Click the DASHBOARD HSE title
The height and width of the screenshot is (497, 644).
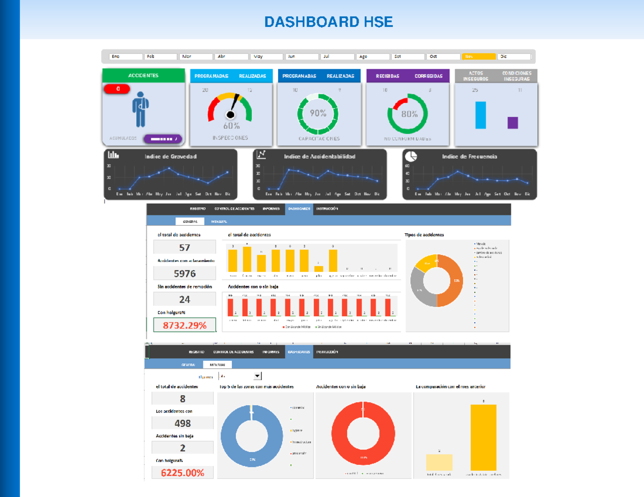pyautogui.click(x=328, y=22)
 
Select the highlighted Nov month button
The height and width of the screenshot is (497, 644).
pyautogui.click(x=478, y=56)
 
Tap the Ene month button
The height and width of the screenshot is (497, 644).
pyautogui.click(x=126, y=56)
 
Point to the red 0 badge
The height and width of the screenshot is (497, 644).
pyautogui.click(x=118, y=89)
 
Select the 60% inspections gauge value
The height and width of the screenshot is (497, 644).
pyautogui.click(x=231, y=126)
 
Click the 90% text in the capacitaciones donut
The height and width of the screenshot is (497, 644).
pyautogui.click(x=318, y=114)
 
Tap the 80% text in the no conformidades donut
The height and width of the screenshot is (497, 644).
pyautogui.click(x=409, y=114)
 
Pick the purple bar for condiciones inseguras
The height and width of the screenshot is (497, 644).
pyautogui.click(x=513, y=123)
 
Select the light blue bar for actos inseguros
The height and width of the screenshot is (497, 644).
pyautogui.click(x=480, y=115)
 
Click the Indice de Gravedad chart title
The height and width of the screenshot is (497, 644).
pyautogui.click(x=170, y=157)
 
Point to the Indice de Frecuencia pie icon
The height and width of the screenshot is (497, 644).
pyautogui.click(x=411, y=155)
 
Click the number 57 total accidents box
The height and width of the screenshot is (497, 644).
pyautogui.click(x=185, y=247)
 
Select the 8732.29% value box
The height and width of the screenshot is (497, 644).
pyautogui.click(x=185, y=325)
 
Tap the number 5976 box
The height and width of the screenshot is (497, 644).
pyautogui.click(x=185, y=273)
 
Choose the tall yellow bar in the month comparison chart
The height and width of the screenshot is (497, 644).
pyautogui.click(x=483, y=437)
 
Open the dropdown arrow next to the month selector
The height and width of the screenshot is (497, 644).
pyautogui.click(x=257, y=376)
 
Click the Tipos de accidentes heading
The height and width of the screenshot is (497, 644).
pyautogui.click(x=424, y=234)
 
